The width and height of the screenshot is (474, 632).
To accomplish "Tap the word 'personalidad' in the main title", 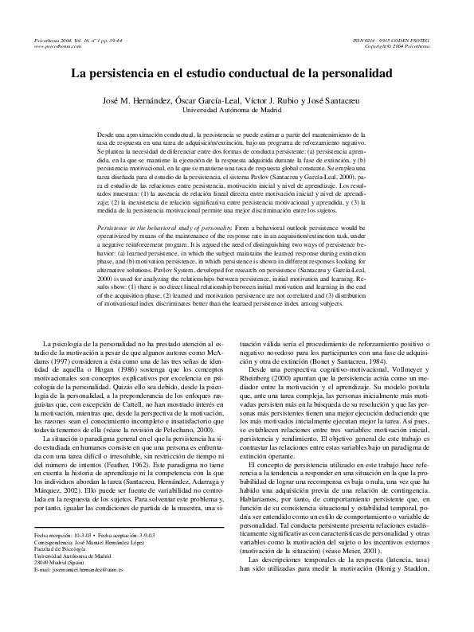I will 354,74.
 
